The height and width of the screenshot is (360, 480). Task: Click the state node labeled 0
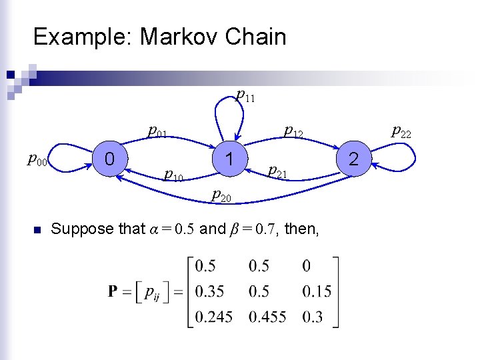pyautogui.click(x=109, y=158)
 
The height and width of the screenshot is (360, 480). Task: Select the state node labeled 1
pyautogui.click(x=229, y=159)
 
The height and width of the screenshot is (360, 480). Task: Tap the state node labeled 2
pyautogui.click(x=353, y=159)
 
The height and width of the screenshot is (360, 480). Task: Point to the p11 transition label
pyautogui.click(x=246, y=96)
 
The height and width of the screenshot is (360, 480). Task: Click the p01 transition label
pyautogui.click(x=158, y=131)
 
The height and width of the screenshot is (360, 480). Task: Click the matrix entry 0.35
pyautogui.click(x=209, y=291)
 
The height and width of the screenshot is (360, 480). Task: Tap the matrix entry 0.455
pyautogui.click(x=267, y=317)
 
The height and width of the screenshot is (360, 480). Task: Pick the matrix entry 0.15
pyautogui.click(x=317, y=291)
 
